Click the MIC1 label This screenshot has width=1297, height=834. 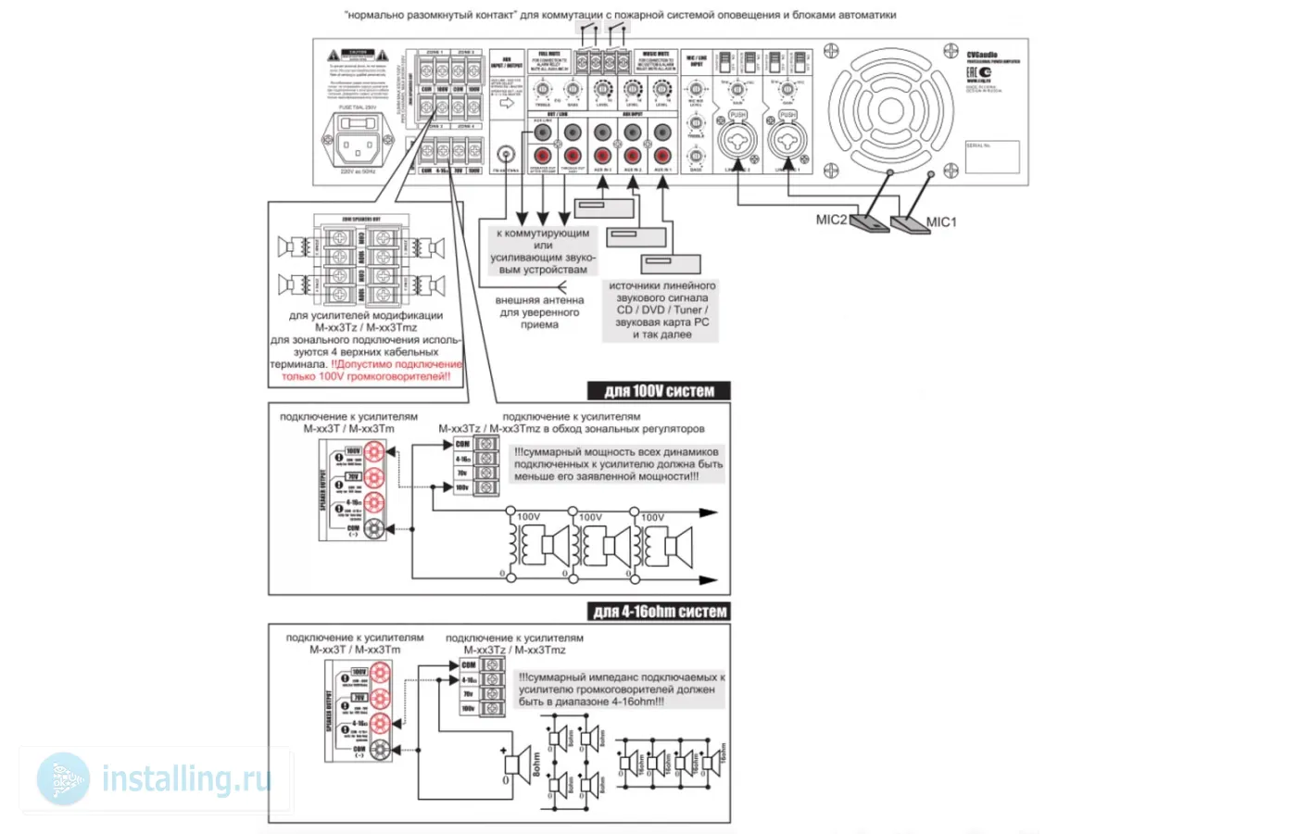941,221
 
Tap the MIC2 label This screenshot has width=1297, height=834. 831,220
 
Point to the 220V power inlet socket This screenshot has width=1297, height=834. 356,145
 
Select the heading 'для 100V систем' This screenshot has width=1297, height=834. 659,391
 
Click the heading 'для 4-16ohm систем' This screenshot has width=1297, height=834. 660,612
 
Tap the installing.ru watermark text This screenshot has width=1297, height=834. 185,778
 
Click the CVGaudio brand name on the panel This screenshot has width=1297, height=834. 982,56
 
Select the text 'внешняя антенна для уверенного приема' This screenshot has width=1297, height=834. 539,312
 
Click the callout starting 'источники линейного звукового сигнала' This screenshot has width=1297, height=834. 661,310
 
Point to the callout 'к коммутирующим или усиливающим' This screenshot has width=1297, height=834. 543,251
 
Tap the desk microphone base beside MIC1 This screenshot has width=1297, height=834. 910,225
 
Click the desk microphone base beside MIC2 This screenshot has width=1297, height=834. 869,223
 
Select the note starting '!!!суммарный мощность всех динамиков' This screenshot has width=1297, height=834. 618,464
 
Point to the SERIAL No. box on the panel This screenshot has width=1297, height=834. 991,157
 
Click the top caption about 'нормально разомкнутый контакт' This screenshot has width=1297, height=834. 620,15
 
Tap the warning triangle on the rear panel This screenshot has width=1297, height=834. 333,57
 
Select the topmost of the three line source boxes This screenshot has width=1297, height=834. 604,206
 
